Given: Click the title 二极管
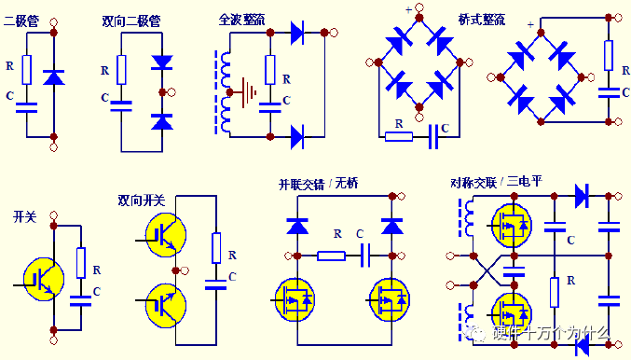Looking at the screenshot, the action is tap(21, 21).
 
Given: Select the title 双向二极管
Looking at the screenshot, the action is tap(131, 21).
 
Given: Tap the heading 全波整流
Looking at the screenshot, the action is tap(241, 20).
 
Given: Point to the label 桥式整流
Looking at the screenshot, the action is tap(481, 20).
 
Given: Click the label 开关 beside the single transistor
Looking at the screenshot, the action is tap(24, 217).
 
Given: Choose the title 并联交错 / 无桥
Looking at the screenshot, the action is tap(318, 184).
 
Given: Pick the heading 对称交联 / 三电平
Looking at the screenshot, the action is tap(496, 182).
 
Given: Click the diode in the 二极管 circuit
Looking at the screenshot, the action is tap(53, 76).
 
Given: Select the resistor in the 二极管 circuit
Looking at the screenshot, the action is tap(27, 70).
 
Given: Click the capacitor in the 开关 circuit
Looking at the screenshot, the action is tap(80, 301).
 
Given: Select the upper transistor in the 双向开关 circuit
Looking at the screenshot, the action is tap(166, 235).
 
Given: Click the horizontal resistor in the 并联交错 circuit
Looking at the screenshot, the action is tap(331, 256).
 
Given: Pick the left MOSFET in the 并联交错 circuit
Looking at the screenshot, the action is tap(295, 300).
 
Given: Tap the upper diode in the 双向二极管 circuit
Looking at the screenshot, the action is tap(162, 62).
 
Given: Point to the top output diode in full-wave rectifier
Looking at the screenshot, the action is tap(297, 33).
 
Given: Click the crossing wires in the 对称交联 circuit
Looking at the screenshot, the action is tap(487, 270).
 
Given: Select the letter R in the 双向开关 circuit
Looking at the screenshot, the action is tap(232, 256).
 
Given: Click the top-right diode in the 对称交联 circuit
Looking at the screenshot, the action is tap(582, 196).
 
